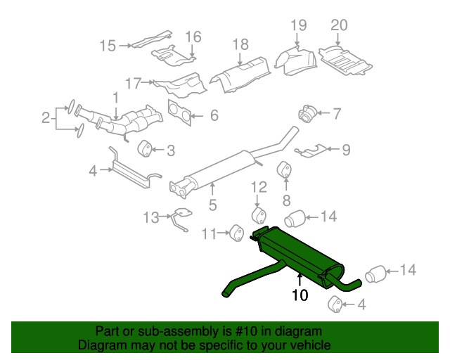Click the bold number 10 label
[x=300, y=296]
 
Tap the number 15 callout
[x=107, y=46]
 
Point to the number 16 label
[x=193, y=36]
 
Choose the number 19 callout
[x=299, y=25]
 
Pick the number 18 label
[x=240, y=44]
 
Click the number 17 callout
[x=134, y=83]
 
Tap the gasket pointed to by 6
[x=179, y=112]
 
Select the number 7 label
[x=337, y=112]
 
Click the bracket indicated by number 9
[x=311, y=149]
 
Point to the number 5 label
[x=212, y=205]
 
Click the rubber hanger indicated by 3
[x=146, y=148]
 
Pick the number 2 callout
[x=46, y=118]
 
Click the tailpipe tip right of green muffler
[x=376, y=274]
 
